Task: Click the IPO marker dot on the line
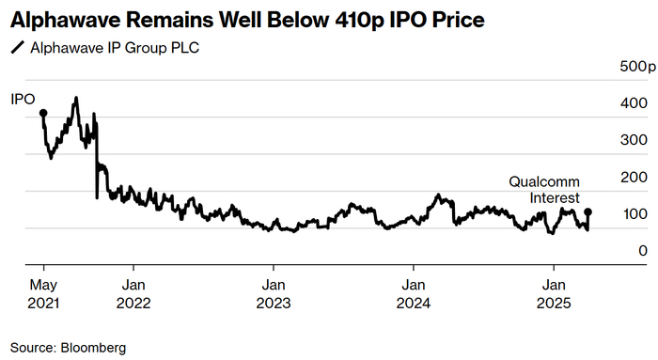pos(43,114)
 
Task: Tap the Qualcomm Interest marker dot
pos(588,212)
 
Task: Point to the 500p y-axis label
pos(636,67)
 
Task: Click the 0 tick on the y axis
pos(642,251)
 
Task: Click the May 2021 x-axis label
pos(43,293)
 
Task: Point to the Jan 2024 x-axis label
pos(413,293)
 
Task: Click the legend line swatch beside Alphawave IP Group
pos(17,47)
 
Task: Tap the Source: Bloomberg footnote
pos(68,347)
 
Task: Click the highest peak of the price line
pos(75,98)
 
